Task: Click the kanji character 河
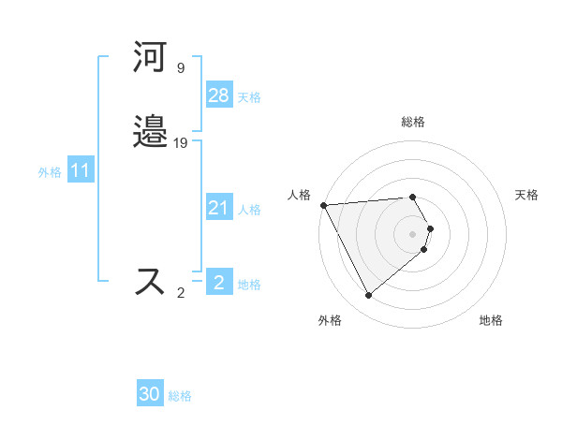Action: click(151, 58)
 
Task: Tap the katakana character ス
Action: click(151, 282)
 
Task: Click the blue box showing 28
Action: click(218, 95)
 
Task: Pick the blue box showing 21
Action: click(218, 208)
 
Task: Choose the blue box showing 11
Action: click(81, 170)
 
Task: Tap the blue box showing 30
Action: click(150, 394)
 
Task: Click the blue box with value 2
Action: click(218, 283)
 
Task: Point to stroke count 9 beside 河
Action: click(180, 68)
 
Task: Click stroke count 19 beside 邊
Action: click(181, 143)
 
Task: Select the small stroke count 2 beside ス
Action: click(180, 293)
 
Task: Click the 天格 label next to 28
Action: click(249, 97)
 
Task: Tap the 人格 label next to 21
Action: click(249, 210)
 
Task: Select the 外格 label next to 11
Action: click(50, 172)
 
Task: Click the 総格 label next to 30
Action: click(180, 397)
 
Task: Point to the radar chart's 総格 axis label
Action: click(413, 122)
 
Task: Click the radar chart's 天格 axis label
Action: click(526, 195)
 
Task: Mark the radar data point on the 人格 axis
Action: click(323, 204)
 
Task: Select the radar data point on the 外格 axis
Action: click(368, 295)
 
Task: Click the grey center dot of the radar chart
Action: click(413, 233)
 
